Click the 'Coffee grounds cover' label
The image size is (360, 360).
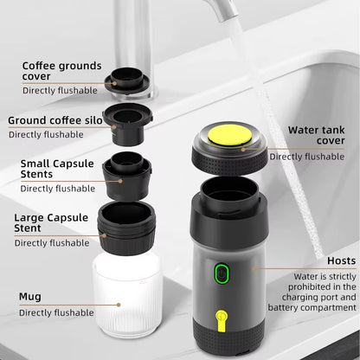pos(61,71)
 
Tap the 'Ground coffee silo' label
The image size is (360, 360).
pos(58,120)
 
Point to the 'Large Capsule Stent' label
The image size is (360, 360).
pos(52,222)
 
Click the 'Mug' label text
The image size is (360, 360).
pos(30,296)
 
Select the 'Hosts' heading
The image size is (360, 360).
pos(341,260)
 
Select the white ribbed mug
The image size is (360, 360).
pos(126,293)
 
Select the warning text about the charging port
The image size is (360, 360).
pos(318,292)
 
